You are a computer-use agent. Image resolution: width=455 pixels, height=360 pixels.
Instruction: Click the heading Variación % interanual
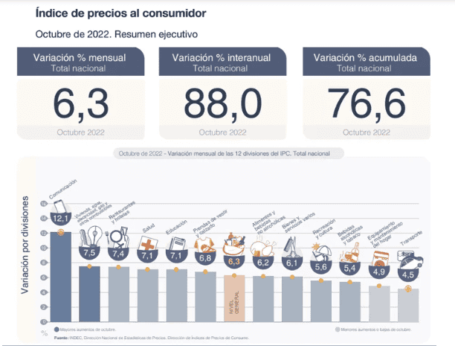pos(220,57)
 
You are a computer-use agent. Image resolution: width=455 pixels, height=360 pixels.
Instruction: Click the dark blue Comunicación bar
pos(60,275)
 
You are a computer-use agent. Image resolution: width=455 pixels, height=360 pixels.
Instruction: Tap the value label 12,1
pos(61,217)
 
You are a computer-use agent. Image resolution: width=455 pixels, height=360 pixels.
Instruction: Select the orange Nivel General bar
pos(235,298)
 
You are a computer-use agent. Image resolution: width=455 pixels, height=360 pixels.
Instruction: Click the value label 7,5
pos(90,253)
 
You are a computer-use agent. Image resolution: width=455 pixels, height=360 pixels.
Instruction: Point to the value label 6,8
pos(206,258)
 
